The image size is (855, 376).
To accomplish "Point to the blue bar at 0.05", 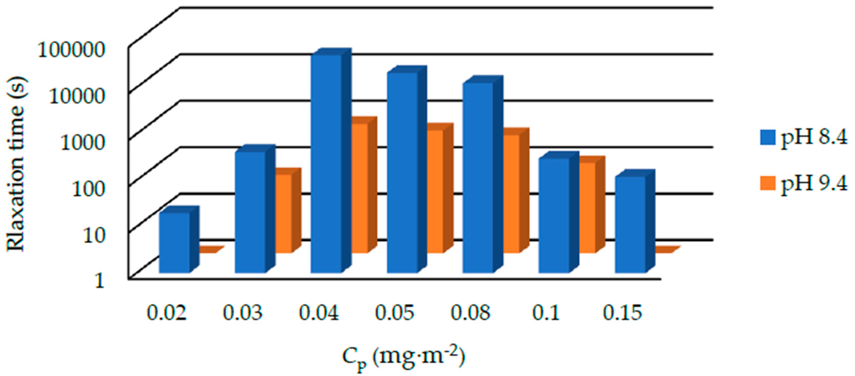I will [402, 173].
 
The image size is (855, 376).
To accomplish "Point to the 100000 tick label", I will [71, 51].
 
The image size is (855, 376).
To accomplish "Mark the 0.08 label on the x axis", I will [470, 313].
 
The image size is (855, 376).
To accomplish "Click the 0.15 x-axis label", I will [622, 313].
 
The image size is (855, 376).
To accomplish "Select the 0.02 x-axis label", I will [166, 313].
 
